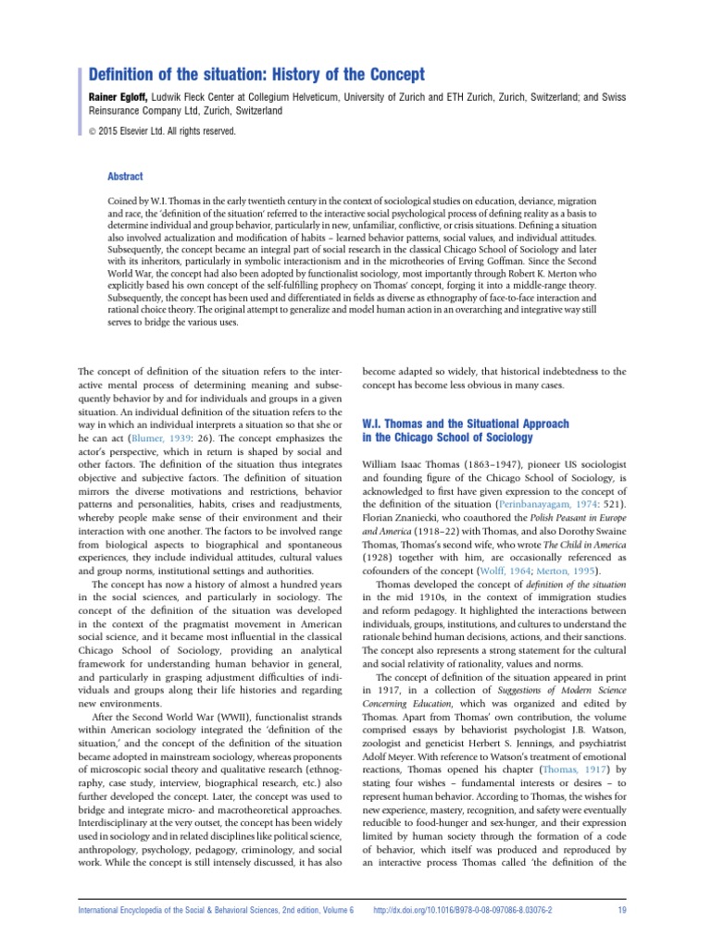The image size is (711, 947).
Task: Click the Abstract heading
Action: [x=125, y=176]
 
